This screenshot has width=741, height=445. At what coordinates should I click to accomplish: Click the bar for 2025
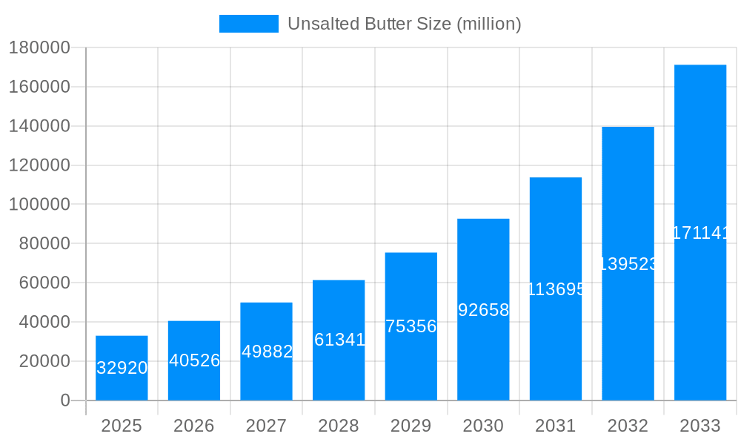click(122, 368)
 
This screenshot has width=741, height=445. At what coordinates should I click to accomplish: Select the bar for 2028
click(339, 340)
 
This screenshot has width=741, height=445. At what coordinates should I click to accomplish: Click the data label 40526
click(194, 360)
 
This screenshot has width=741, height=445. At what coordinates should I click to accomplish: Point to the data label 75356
click(411, 326)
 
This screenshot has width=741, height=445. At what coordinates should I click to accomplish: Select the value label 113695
click(556, 289)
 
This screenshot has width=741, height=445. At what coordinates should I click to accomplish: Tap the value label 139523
click(628, 264)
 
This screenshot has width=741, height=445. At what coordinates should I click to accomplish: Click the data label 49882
click(267, 352)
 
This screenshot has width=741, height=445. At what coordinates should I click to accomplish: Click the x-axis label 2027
click(266, 426)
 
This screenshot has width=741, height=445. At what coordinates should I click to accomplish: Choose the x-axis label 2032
click(628, 426)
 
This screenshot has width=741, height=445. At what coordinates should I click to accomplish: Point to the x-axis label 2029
click(411, 426)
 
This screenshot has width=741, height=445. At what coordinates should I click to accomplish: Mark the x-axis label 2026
click(194, 426)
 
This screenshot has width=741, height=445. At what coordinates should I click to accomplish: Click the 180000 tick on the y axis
click(39, 48)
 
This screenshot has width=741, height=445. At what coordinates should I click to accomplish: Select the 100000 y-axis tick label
click(39, 205)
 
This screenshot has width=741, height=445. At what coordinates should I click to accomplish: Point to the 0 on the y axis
click(64, 400)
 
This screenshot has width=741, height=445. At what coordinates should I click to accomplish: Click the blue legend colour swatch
click(248, 24)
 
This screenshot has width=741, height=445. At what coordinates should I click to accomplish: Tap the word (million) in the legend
click(488, 24)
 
